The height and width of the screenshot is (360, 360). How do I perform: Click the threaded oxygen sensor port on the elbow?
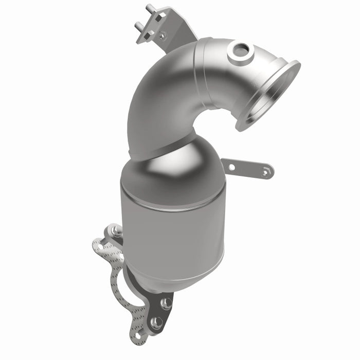pos(241,51)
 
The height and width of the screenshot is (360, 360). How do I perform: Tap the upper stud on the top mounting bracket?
pos(149,9)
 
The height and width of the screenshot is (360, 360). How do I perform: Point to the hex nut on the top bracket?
pos(162,35)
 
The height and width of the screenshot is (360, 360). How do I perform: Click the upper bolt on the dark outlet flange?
pos(166,303)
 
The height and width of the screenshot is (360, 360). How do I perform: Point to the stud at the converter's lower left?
pos(117,231)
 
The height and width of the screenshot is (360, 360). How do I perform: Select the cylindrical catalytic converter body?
pos(172,231)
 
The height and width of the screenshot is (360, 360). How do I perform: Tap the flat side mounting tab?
pos(247,168)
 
